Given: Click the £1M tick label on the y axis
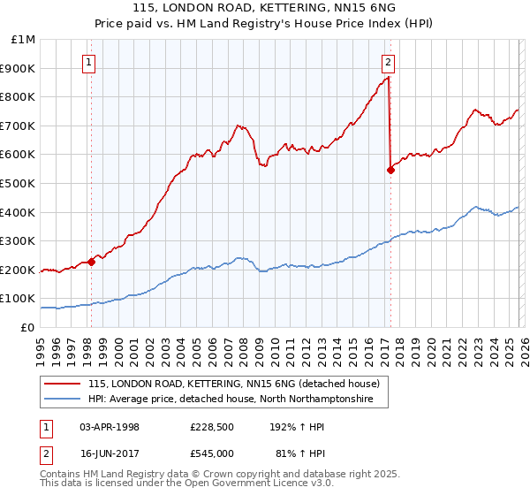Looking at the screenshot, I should click(23, 40).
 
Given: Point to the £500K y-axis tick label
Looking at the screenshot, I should click(19, 183).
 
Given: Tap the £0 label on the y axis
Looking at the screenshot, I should click(28, 327).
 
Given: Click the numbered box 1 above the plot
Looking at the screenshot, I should click(90, 62).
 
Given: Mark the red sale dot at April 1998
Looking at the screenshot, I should click(91, 261).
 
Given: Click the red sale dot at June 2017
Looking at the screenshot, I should click(390, 170).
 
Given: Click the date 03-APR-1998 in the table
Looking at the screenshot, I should click(110, 427).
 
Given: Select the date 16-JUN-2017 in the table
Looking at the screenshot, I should click(110, 453).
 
